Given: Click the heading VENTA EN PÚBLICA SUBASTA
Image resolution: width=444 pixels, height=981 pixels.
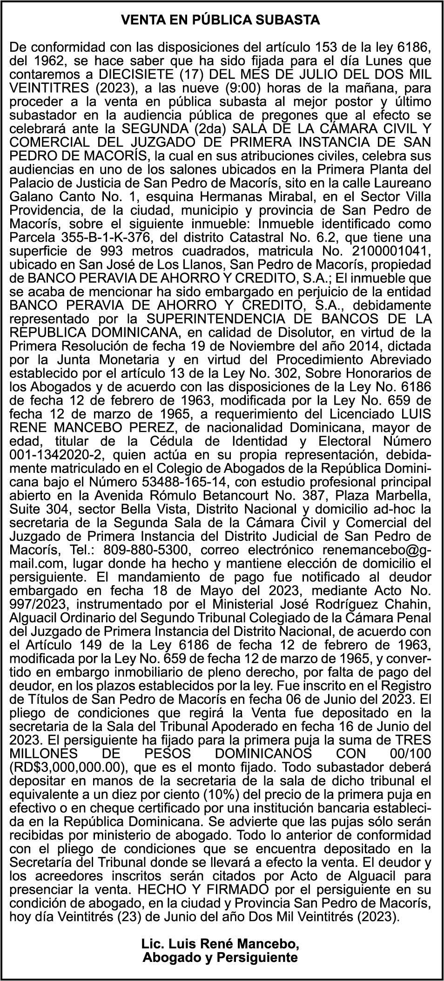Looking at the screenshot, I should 221,20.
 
